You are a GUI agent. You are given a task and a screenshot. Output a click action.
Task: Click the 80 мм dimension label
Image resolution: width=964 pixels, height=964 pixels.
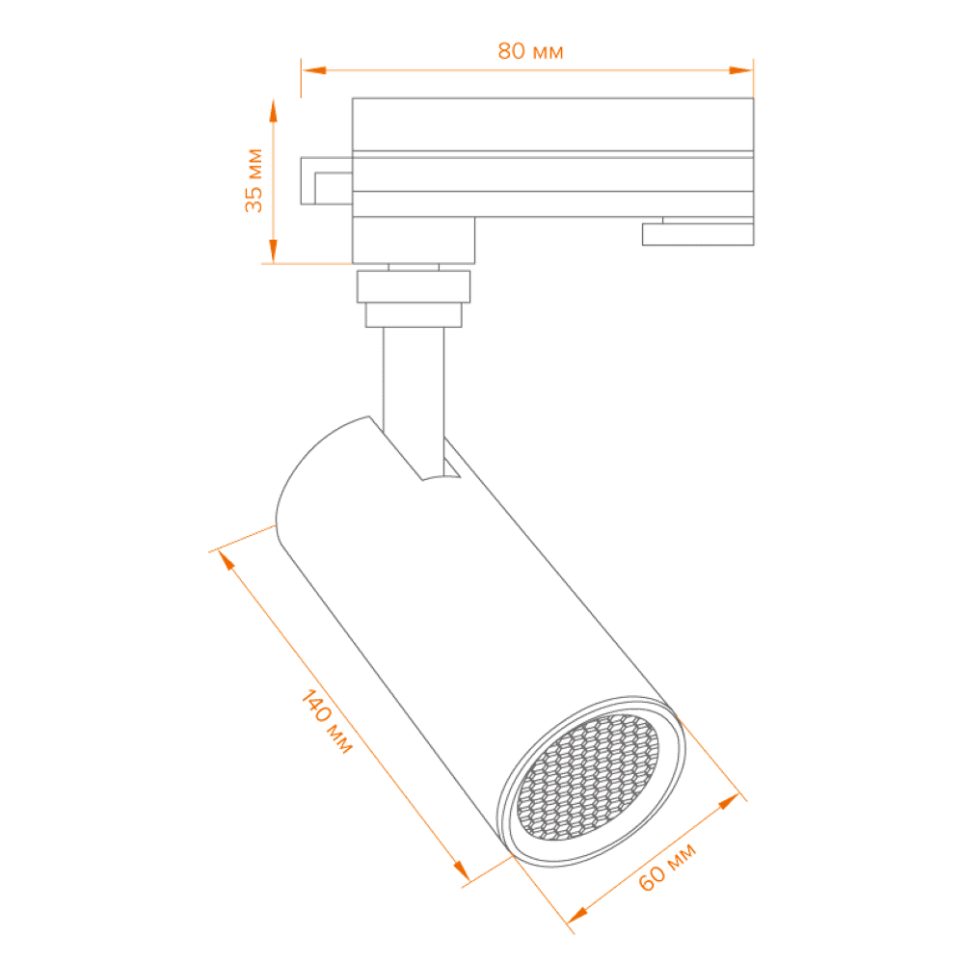[529, 52]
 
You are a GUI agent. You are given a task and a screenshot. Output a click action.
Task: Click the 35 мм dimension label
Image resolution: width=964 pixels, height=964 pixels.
[253, 179]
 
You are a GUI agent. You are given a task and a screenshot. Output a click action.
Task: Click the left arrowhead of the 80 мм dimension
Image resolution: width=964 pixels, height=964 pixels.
[311, 69]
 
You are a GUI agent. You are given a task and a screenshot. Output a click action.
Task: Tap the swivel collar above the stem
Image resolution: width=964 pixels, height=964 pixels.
[414, 299]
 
